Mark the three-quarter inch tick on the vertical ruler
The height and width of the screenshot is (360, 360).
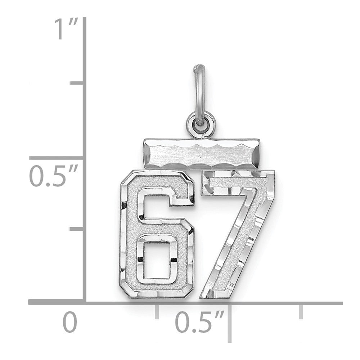coord(76,84)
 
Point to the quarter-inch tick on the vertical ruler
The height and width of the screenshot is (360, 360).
coord(76,229)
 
